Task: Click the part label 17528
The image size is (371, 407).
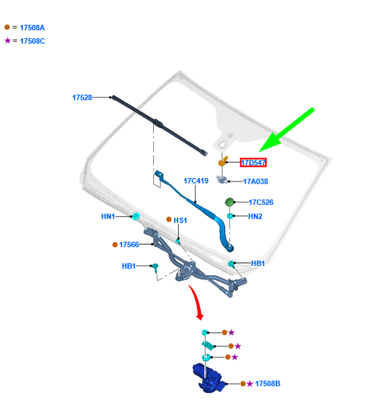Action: click(x=82, y=97)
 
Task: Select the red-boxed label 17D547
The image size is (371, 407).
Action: click(x=253, y=163)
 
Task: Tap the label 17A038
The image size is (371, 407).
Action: click(x=255, y=181)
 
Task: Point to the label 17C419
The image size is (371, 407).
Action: click(x=196, y=181)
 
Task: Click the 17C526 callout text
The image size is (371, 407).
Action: click(x=261, y=202)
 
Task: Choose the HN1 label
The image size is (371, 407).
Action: click(x=108, y=216)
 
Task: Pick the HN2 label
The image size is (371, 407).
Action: click(x=255, y=216)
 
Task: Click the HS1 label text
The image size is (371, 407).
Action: click(x=180, y=221)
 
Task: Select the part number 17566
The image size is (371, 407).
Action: click(x=129, y=244)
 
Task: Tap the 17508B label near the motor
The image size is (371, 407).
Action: click(x=268, y=383)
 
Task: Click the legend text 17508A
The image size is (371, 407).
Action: click(x=32, y=28)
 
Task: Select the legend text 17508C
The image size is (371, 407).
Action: click(x=33, y=41)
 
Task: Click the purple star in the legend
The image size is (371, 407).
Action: click(x=8, y=40)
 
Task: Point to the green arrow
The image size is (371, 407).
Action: click(x=287, y=130)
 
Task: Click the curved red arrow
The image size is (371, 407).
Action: click(x=196, y=302)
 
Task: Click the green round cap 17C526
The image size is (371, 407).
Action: click(x=230, y=202)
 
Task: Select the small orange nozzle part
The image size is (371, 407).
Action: click(x=223, y=161)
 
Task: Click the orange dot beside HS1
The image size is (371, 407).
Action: click(x=168, y=220)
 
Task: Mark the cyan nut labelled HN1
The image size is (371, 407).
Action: click(x=136, y=216)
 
